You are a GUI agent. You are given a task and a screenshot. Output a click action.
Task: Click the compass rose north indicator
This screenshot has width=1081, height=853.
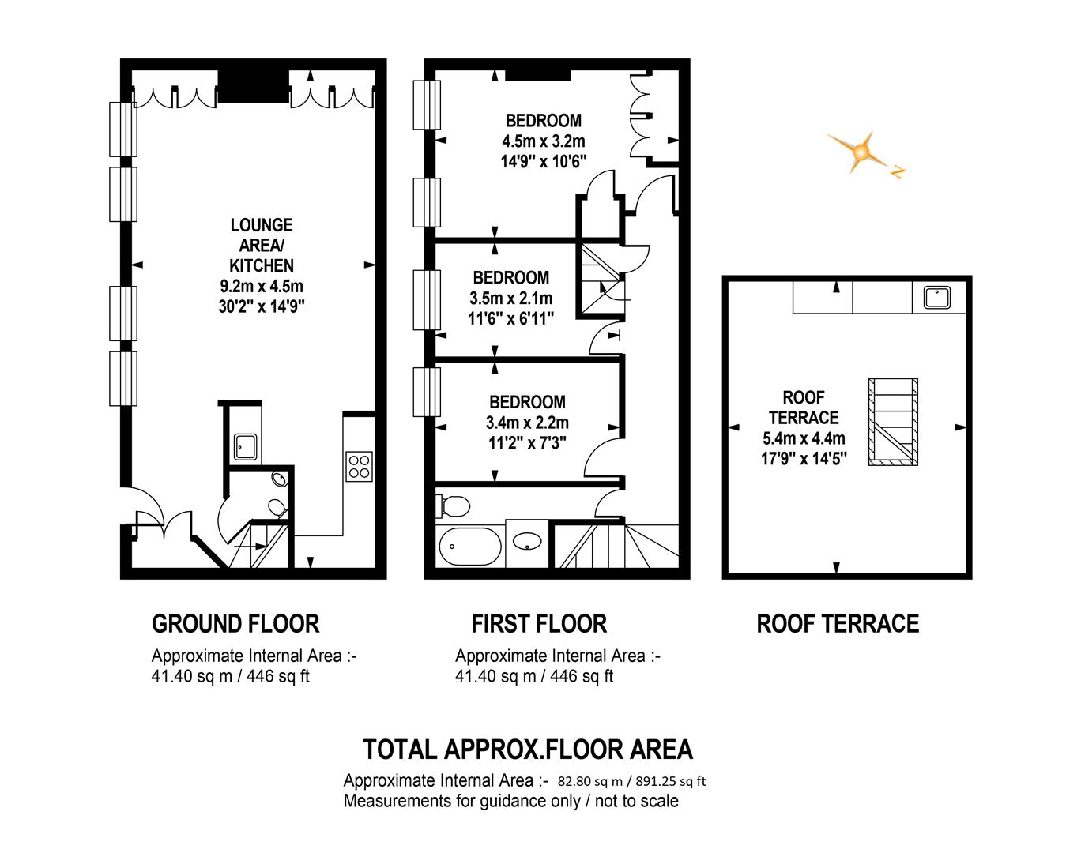pyautogui.click(x=896, y=171)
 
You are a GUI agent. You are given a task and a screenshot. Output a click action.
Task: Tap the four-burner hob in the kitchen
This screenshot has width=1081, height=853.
pyautogui.click(x=359, y=465)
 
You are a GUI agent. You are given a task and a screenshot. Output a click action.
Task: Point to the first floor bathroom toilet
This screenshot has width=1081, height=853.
pyautogui.click(x=453, y=504)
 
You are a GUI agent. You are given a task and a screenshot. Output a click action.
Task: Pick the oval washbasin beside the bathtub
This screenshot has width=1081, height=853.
pyautogui.click(x=527, y=542)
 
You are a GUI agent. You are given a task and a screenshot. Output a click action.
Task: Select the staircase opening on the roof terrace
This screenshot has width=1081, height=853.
pyautogui.click(x=893, y=422)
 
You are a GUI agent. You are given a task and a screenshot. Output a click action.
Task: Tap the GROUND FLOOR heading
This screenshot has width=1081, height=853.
pyautogui.click(x=235, y=624)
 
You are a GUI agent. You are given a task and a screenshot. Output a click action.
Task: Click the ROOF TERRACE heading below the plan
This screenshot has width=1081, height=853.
pyautogui.click(x=838, y=624)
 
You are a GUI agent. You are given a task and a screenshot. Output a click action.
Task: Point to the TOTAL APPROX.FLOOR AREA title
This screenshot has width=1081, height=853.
pyautogui.click(x=527, y=749)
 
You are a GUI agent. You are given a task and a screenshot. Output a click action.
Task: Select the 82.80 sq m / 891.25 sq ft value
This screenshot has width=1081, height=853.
pyautogui.click(x=631, y=781)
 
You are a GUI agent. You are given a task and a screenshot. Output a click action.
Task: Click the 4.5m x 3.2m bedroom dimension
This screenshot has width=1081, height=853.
pyautogui.click(x=544, y=141)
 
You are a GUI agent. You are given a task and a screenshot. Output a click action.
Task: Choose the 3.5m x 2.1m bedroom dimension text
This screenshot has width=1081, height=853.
pyautogui.click(x=511, y=299)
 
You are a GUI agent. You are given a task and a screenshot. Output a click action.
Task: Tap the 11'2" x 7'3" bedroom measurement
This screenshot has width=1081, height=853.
pyautogui.click(x=527, y=443)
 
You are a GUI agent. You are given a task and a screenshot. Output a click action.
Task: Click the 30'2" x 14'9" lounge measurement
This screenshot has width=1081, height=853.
pyautogui.click(x=262, y=306)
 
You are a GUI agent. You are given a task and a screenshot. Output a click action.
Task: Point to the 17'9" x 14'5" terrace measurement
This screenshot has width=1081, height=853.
pyautogui.click(x=804, y=458)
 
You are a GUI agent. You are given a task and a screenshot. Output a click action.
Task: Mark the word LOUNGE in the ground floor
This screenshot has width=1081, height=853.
pyautogui.click(x=262, y=225)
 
